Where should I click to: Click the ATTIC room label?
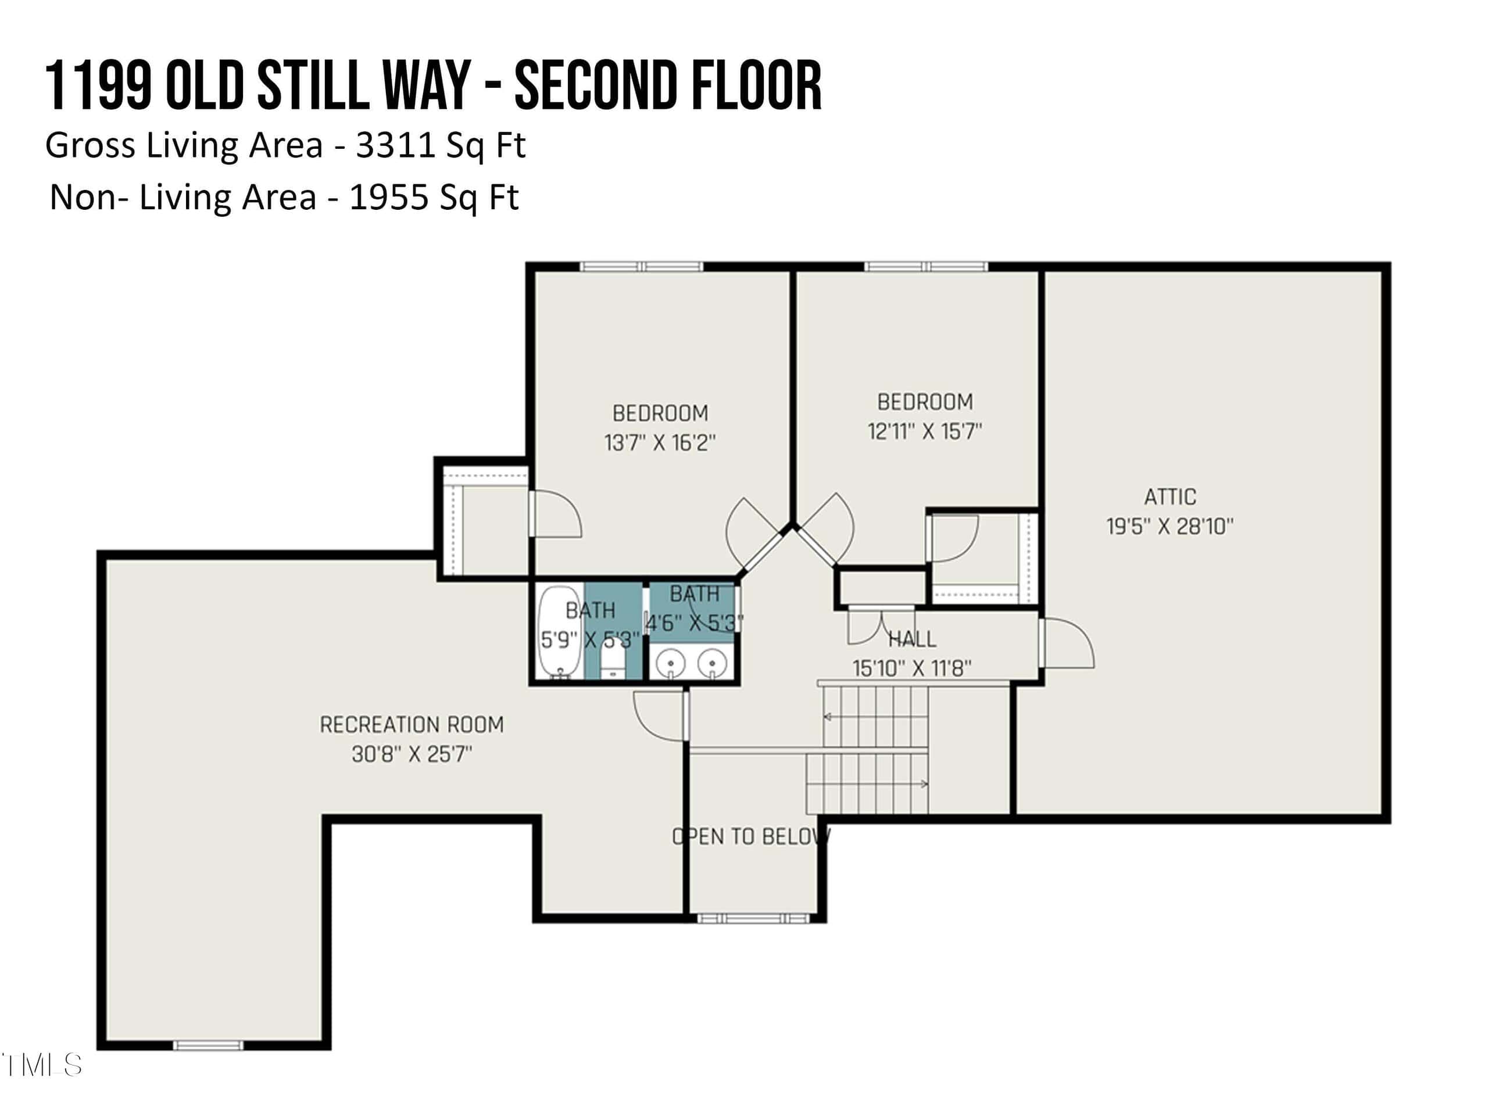(1170, 496)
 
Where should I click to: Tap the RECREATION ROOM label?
(412, 724)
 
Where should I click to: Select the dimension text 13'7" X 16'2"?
(660, 443)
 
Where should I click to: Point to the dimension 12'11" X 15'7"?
(925, 431)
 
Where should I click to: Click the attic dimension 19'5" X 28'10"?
(1171, 526)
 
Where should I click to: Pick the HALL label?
(912, 638)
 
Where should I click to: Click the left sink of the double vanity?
(671, 664)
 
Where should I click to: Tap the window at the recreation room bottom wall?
(208, 1045)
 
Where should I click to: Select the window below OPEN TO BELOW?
(753, 918)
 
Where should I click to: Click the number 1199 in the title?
(98, 85)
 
